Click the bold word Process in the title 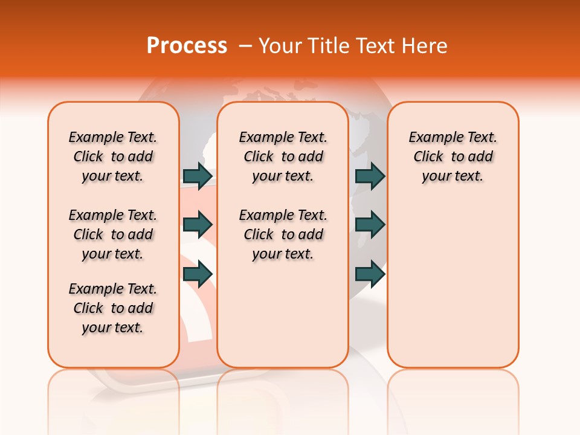[187, 45]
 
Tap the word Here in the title [426, 45]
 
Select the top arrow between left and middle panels [198, 176]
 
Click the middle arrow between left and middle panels [198, 225]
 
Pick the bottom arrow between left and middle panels [198, 274]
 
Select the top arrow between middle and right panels [370, 176]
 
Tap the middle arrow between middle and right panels [370, 225]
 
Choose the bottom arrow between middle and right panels [370, 274]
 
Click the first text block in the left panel [113, 156]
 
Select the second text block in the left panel [113, 234]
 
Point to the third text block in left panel [113, 308]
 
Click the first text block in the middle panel [283, 156]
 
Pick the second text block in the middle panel [283, 234]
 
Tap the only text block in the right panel [453, 156]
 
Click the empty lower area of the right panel [453, 290]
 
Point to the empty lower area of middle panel [283, 314]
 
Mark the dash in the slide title [246, 45]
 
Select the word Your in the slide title [280, 45]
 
